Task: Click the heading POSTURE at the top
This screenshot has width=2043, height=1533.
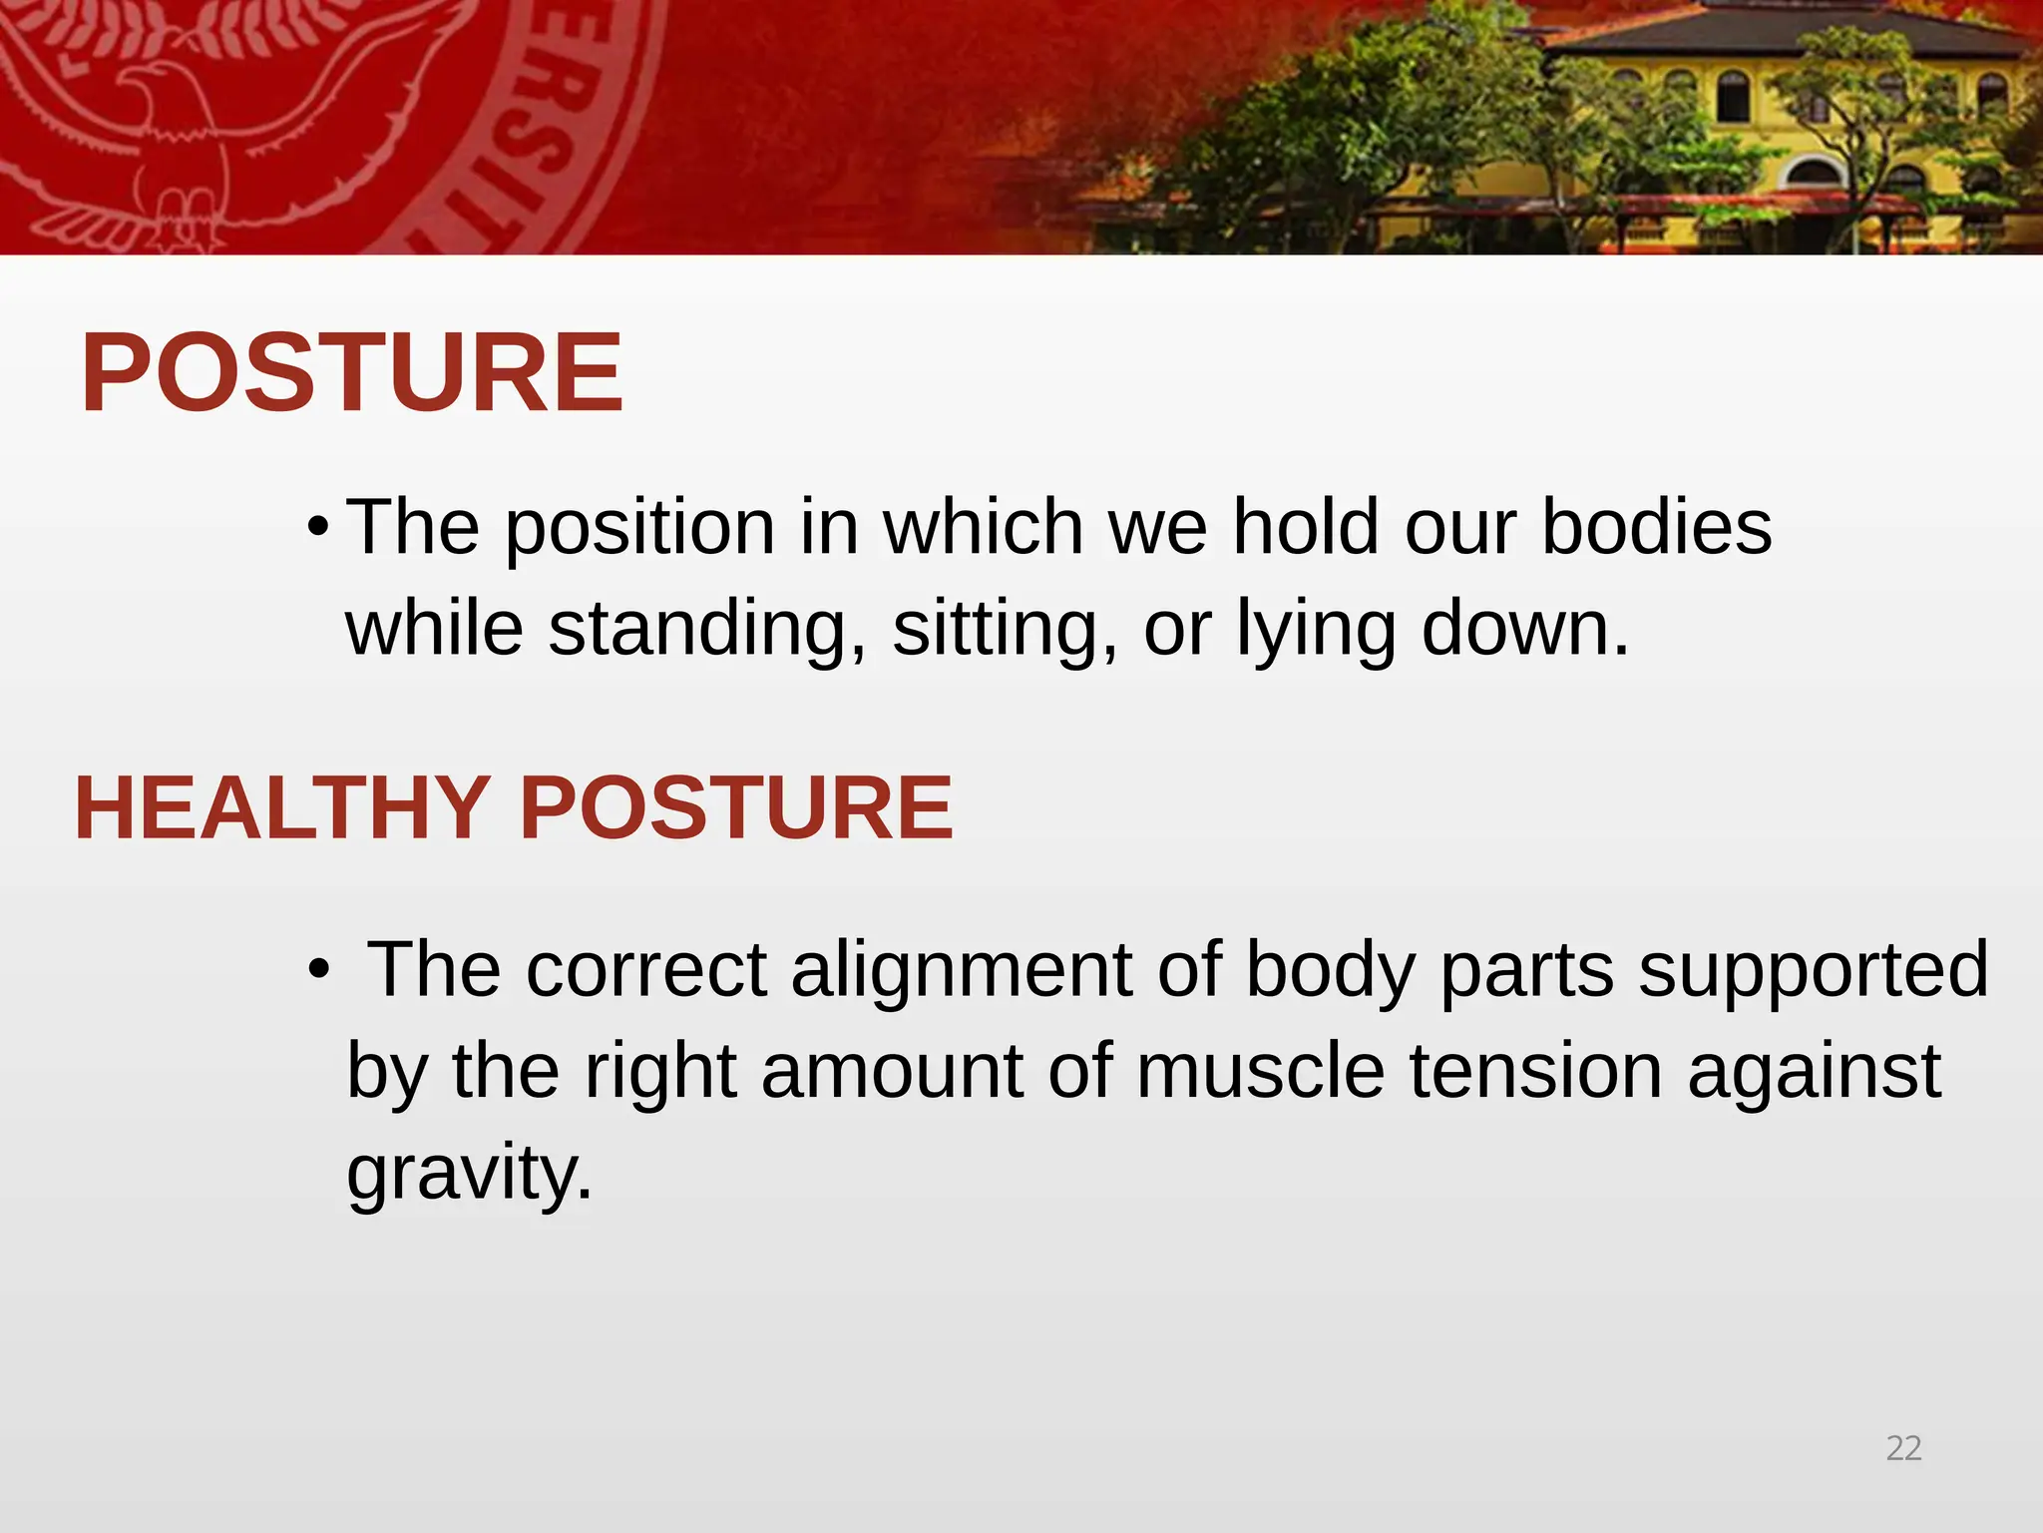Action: coord(351,373)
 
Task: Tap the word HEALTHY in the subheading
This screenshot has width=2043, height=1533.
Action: coord(280,808)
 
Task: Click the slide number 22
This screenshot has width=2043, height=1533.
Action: coord(1903,1448)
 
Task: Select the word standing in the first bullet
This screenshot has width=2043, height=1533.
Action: coord(707,630)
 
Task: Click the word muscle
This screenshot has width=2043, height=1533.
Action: coord(1260,1071)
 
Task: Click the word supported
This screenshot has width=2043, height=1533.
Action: coord(1813,970)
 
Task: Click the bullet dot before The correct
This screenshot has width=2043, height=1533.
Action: coord(317,969)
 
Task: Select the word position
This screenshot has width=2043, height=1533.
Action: coord(639,529)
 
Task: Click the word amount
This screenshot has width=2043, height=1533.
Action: coord(892,1071)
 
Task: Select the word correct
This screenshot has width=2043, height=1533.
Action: coord(646,970)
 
